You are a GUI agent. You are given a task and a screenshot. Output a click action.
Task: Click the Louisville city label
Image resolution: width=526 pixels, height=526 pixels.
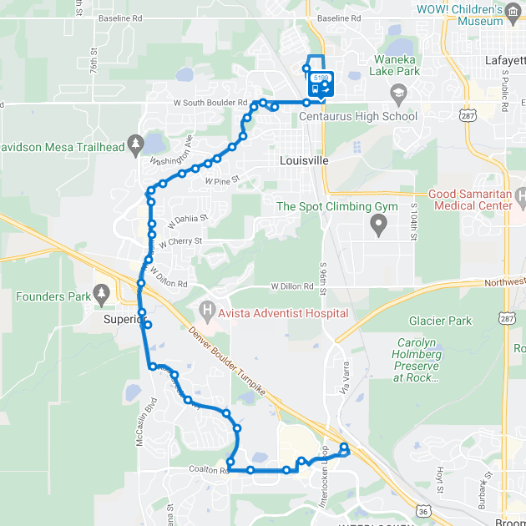point(304,160)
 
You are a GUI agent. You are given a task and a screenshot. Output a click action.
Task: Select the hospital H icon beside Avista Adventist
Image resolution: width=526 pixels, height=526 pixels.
point(208,313)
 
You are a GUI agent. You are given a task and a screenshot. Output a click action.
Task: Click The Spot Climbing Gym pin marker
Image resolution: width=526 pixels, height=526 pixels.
point(379,224)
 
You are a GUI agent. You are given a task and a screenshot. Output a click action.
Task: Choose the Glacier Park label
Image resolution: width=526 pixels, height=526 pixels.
point(440,321)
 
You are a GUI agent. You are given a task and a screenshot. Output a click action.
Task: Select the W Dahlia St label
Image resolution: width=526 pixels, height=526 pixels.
point(187,220)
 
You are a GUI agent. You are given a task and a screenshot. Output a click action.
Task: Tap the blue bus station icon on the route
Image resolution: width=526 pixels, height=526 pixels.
point(314,87)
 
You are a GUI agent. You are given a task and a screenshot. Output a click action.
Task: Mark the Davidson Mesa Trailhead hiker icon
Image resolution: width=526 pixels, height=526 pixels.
point(136,147)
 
